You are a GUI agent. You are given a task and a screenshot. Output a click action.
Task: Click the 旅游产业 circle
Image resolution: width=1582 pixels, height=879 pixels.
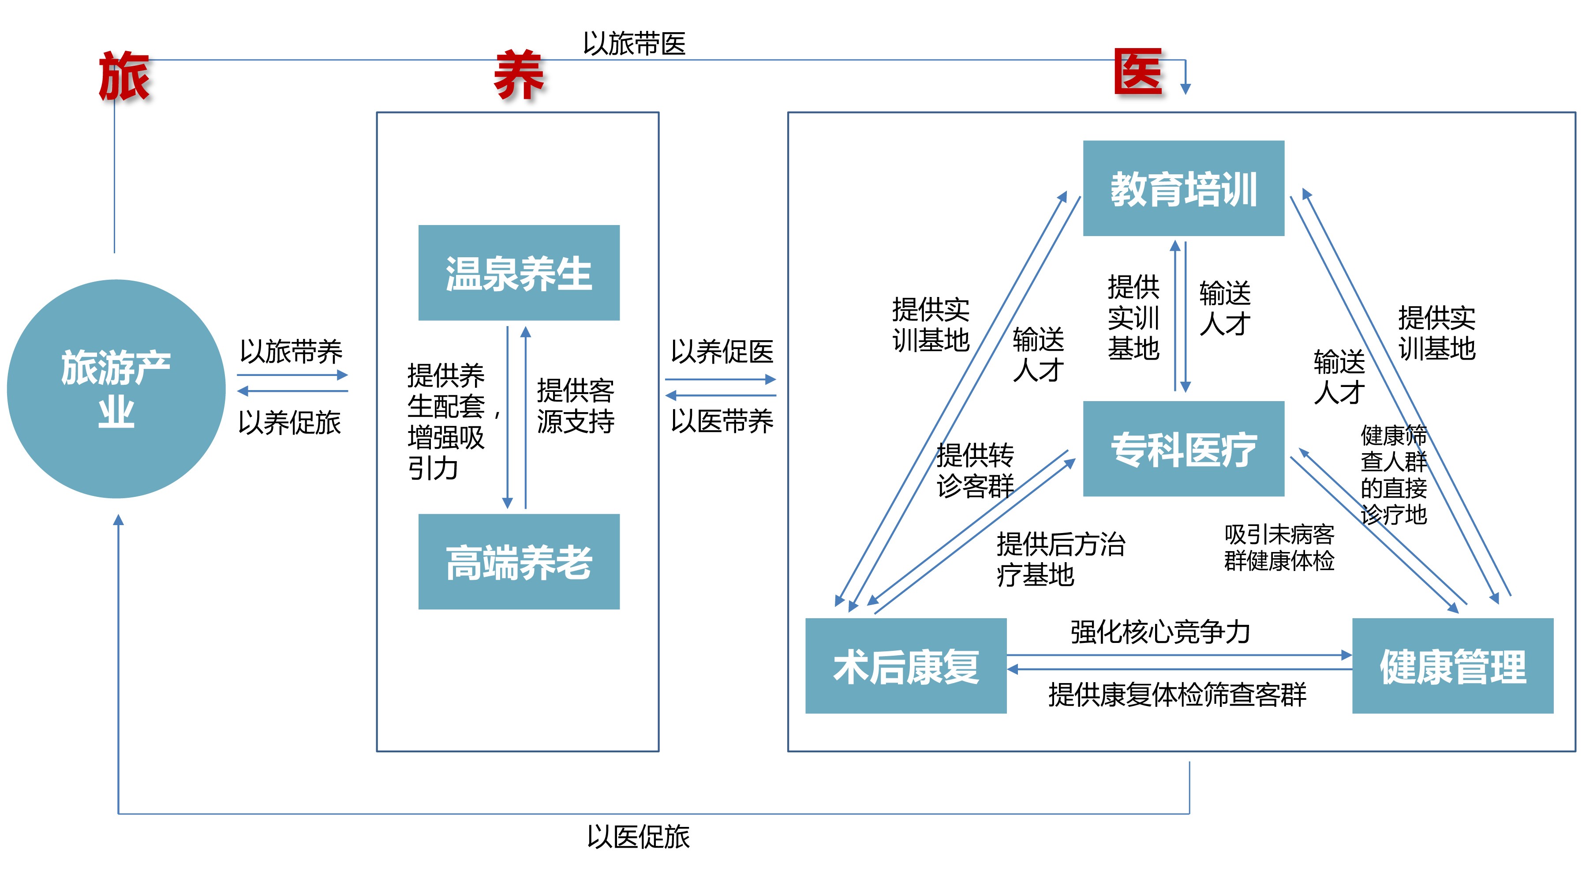(x=116, y=388)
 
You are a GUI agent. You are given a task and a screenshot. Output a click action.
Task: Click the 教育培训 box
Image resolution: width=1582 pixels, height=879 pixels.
(x=1183, y=188)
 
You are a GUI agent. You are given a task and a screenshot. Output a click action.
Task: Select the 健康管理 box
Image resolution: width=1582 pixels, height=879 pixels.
(x=1452, y=665)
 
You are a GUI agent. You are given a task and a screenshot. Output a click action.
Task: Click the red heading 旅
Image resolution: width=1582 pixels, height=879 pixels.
(x=124, y=76)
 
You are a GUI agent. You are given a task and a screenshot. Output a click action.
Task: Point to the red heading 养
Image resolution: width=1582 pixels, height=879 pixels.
(x=519, y=76)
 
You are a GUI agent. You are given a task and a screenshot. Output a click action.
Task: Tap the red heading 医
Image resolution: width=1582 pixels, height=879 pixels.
(x=1138, y=72)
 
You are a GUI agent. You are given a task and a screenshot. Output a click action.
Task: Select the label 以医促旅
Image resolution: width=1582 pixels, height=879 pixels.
(x=638, y=837)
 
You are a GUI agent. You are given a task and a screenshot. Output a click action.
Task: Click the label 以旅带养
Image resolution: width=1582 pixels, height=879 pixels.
(x=291, y=351)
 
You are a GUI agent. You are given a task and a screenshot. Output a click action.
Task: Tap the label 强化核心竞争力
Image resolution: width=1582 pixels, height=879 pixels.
(x=1160, y=631)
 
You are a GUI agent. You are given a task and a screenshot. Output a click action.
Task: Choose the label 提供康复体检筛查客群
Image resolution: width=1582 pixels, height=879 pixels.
(x=1177, y=694)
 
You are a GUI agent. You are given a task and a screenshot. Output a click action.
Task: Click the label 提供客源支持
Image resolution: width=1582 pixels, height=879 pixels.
(x=576, y=406)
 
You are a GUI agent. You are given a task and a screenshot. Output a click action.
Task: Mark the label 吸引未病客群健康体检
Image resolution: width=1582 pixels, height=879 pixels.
(x=1279, y=547)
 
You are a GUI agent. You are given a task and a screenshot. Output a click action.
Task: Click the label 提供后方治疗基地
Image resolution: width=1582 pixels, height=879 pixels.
(x=1061, y=559)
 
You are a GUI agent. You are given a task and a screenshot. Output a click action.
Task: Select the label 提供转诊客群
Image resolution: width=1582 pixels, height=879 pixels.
(x=975, y=470)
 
